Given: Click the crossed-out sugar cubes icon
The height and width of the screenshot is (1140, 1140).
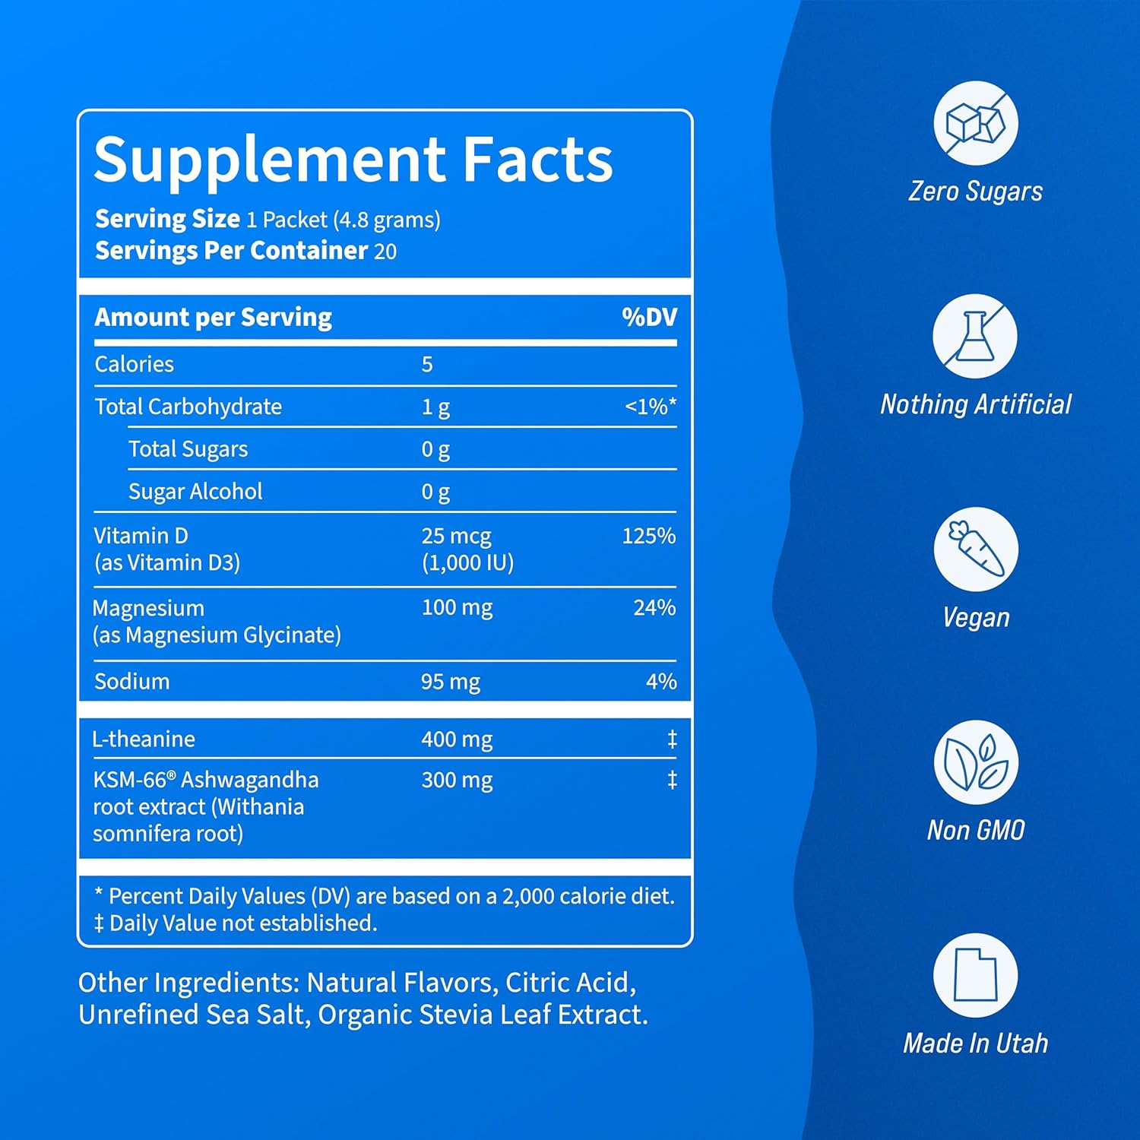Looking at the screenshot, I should tap(975, 123).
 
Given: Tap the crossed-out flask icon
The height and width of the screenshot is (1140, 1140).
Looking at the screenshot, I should tap(975, 336).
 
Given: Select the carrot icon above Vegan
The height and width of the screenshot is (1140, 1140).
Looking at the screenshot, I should tap(975, 549).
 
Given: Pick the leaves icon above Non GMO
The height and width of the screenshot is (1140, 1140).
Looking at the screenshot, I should tap(975, 762).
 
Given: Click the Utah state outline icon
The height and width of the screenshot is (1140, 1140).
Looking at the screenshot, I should tap(975, 975).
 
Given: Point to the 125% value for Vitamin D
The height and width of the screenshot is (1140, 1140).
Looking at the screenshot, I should tap(648, 536).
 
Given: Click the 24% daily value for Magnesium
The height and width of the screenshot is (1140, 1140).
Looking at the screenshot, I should tap(654, 607).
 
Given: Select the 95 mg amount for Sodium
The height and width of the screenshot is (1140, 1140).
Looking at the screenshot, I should tap(451, 682).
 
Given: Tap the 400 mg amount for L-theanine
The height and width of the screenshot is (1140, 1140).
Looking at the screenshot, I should tap(457, 739).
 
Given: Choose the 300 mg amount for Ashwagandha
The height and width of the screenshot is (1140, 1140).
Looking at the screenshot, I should tap(457, 781).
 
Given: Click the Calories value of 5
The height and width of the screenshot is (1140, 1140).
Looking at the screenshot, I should tap(427, 365).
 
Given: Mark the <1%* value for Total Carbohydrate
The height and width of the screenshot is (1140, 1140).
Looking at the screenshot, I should tap(650, 407).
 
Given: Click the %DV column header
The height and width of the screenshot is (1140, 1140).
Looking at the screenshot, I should tap(649, 317).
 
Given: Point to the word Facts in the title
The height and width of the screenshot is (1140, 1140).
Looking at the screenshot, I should tap(537, 160).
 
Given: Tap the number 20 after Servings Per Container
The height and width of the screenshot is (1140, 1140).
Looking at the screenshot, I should tap(385, 252).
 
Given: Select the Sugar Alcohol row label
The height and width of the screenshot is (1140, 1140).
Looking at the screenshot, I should tap(195, 492).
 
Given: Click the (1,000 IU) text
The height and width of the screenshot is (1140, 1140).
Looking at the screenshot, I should tap(467, 563).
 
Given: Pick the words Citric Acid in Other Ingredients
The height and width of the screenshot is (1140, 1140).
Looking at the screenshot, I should tap(569, 983).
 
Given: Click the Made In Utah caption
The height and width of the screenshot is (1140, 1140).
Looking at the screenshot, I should tap(975, 1043).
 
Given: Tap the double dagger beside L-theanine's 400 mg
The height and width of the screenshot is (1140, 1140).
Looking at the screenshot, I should tap(672, 739).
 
